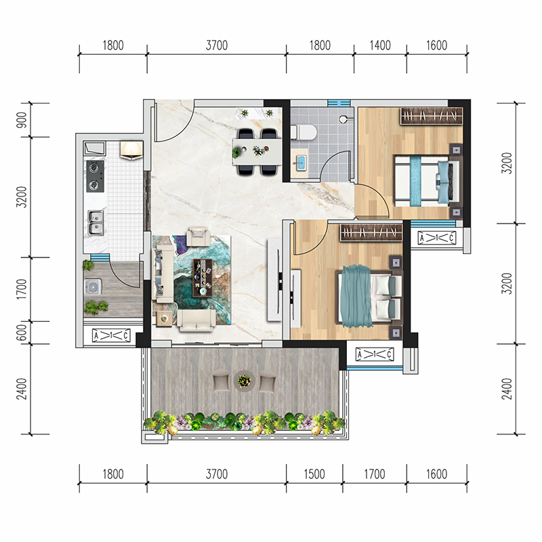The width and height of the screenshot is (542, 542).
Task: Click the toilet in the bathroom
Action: click(x=304, y=132)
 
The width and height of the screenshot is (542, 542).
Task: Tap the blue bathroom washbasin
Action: click(x=300, y=163)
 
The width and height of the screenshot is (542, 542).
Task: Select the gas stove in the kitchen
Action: click(x=95, y=176)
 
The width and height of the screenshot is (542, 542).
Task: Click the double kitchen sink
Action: click(x=96, y=223)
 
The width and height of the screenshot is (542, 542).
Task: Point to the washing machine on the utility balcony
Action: click(x=93, y=287)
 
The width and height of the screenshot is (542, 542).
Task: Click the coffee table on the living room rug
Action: click(x=203, y=278)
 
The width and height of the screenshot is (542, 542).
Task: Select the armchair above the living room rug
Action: click(x=197, y=236)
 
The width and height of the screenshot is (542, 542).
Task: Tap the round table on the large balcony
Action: click(x=245, y=381)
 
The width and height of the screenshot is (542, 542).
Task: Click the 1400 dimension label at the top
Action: click(x=380, y=45)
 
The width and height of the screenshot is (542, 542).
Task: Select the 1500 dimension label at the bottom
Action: click(x=314, y=474)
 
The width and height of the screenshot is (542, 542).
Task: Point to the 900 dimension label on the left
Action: click(x=22, y=120)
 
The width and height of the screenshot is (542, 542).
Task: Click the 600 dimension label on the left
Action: click(x=22, y=333)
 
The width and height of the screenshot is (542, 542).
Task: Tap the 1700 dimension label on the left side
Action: click(x=22, y=289)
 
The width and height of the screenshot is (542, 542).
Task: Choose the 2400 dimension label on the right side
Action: click(x=506, y=389)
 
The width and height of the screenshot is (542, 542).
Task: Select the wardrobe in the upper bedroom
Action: click(x=432, y=116)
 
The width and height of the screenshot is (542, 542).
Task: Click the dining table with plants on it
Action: click(x=257, y=151)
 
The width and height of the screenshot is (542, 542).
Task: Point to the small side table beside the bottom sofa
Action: click(x=164, y=318)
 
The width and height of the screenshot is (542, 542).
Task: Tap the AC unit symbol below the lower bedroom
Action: click(x=375, y=354)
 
